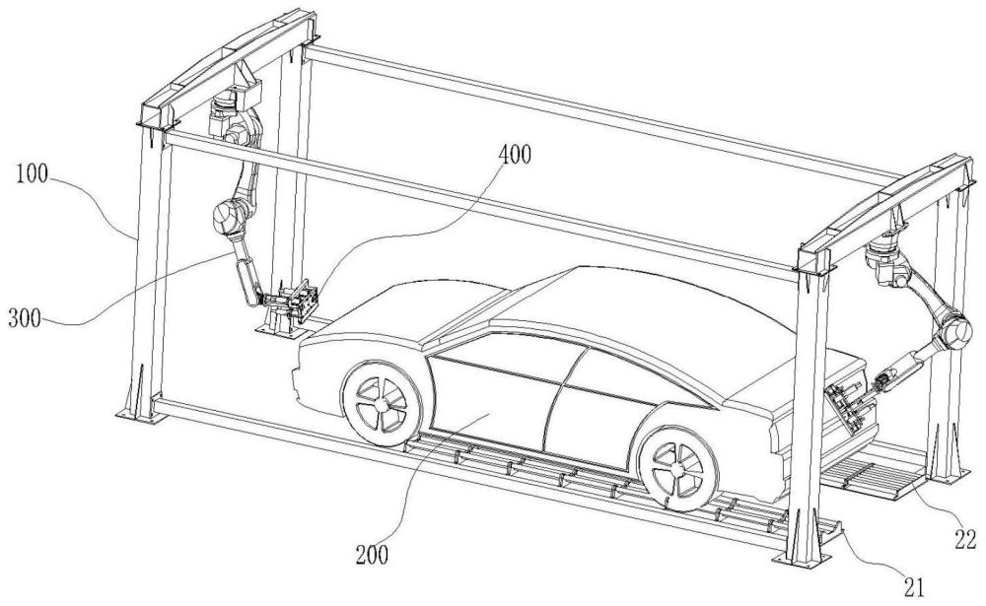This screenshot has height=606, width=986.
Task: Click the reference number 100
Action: tap(33, 174)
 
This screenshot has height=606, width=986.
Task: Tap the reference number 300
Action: tap(25, 318)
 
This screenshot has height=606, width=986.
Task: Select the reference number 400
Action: tap(515, 154)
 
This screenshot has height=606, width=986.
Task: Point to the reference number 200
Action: tap(372, 555)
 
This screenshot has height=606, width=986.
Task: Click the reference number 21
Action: tap(914, 587)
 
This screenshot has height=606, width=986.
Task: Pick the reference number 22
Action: tap(965, 539)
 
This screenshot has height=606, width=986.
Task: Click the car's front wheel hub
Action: tap(381, 403)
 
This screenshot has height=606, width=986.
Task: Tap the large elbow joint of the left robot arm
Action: tap(227, 216)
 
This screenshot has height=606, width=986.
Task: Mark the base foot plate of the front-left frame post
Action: tap(136, 416)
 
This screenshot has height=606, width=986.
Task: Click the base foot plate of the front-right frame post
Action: tap(800, 559)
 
